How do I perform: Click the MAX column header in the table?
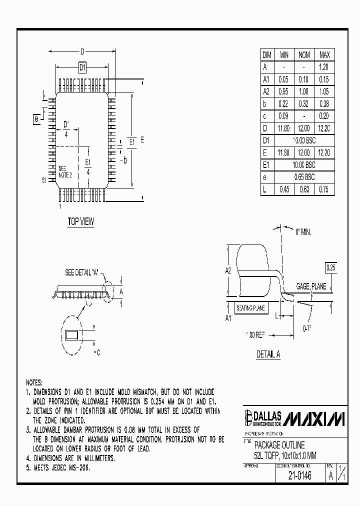point(324,55)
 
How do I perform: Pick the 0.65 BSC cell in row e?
point(304,177)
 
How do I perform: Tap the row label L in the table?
point(266,189)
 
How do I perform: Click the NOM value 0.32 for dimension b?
point(304,104)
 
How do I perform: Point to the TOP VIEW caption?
point(80,222)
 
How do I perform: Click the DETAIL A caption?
point(268,354)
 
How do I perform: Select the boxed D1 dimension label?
point(83,67)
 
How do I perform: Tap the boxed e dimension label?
point(36,119)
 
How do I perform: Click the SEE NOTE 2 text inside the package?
point(65,171)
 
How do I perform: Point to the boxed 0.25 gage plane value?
point(331,268)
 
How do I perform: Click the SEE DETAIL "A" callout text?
point(82,273)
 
